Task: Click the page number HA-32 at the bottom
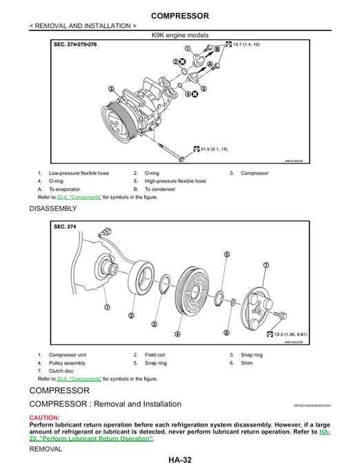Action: coord(179,460)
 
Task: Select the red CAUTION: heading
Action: coord(44,418)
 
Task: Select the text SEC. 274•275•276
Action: coord(76,43)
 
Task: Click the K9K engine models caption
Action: coord(179,34)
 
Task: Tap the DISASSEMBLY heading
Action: coord(53,207)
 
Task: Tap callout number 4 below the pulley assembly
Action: coord(178,334)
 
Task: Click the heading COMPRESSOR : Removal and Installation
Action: coord(106,404)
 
